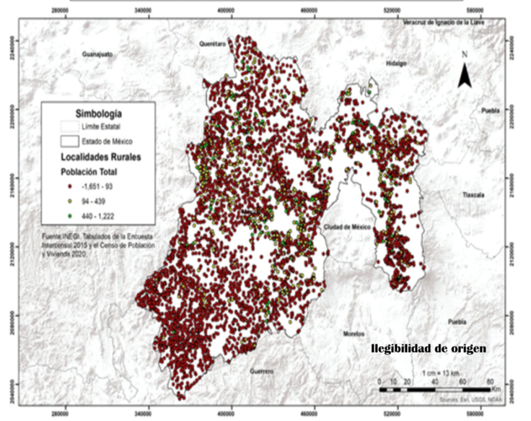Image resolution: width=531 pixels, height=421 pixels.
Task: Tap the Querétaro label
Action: click(x=214, y=44)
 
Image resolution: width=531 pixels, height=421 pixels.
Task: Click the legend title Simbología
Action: click(x=98, y=113)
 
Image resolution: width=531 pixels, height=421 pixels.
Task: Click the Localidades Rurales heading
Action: click(x=100, y=157)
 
